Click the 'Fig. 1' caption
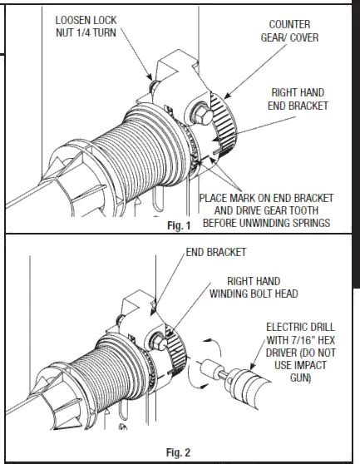point(179,225)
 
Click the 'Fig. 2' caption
point(179,452)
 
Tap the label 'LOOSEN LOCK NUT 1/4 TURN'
point(86,27)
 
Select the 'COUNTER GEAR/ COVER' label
point(289,31)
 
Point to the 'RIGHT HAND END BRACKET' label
point(298,99)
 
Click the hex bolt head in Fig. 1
point(202,115)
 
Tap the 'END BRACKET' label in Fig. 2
point(216,252)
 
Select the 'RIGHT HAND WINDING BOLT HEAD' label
point(254,288)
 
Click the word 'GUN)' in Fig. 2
point(300,378)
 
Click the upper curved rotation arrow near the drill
point(214,346)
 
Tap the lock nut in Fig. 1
point(154,86)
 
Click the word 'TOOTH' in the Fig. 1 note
point(303,210)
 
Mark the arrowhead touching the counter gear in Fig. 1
point(226,96)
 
